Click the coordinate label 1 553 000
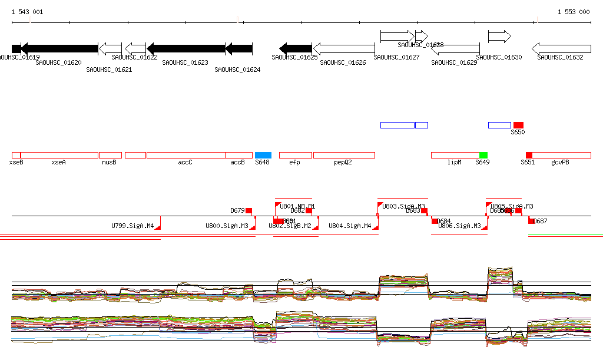pos(573,12)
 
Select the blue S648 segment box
pos(263,155)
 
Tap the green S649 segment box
pos(483,155)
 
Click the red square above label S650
pos(518,125)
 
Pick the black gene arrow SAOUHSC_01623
pos(186,48)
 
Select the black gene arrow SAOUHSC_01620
pos(59,48)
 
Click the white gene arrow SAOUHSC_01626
pos(344,48)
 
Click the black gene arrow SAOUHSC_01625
pos(296,48)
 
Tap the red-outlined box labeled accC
pos(186,155)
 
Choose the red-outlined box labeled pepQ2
pos(344,155)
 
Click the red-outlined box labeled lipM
pos(455,155)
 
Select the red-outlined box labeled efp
pos(296,155)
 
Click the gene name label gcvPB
pos(560,162)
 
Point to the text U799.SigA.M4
pos(132,226)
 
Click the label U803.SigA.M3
pos(403,206)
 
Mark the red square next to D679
pos(249,210)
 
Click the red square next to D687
pos(531,221)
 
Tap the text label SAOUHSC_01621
pos(109,70)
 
